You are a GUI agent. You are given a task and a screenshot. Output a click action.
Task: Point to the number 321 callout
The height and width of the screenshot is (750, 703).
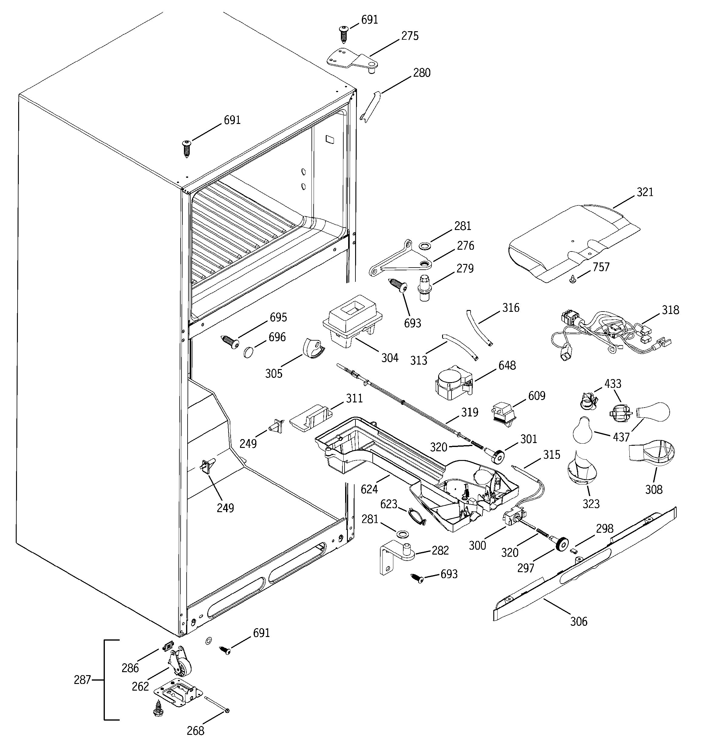pyautogui.click(x=645, y=192)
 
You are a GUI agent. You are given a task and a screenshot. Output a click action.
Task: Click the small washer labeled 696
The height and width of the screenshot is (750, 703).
pyautogui.click(x=248, y=352)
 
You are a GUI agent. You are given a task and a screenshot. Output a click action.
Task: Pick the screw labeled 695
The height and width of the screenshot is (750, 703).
pyautogui.click(x=230, y=342)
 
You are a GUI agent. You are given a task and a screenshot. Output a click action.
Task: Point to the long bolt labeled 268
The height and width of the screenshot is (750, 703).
pyautogui.click(x=217, y=708)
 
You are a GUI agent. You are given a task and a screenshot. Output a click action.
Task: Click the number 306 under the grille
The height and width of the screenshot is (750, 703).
pyautogui.click(x=578, y=621)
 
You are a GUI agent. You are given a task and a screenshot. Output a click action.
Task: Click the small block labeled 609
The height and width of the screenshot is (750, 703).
pyautogui.click(x=503, y=413)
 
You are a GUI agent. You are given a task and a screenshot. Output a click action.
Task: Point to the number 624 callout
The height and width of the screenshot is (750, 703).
pyautogui.click(x=369, y=489)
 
